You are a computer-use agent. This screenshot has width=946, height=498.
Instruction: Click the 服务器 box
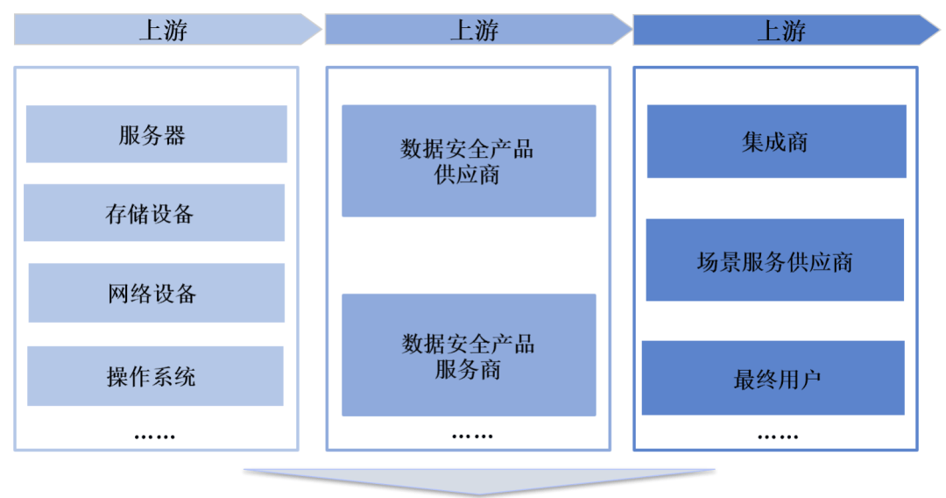coord(156,134)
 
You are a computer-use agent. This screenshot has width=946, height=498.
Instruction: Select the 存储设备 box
coord(154,213)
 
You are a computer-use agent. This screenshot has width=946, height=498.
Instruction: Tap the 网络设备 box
coord(156,293)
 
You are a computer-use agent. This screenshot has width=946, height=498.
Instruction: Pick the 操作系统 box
coord(155,376)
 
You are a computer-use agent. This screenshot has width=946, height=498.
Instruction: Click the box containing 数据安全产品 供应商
coord(468,161)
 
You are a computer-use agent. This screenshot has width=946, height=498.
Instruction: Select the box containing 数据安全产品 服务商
coord(468,355)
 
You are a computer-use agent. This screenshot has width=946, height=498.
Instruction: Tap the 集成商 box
coord(776,142)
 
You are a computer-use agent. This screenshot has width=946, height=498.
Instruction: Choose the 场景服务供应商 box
coord(774,260)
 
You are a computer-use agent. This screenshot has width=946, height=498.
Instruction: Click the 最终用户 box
coord(773,378)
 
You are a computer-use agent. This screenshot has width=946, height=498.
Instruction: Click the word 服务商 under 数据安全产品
coord(468,369)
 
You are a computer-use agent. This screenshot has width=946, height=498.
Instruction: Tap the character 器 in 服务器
coord(174,135)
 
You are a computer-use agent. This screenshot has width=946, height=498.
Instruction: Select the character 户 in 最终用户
coord(810,380)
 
